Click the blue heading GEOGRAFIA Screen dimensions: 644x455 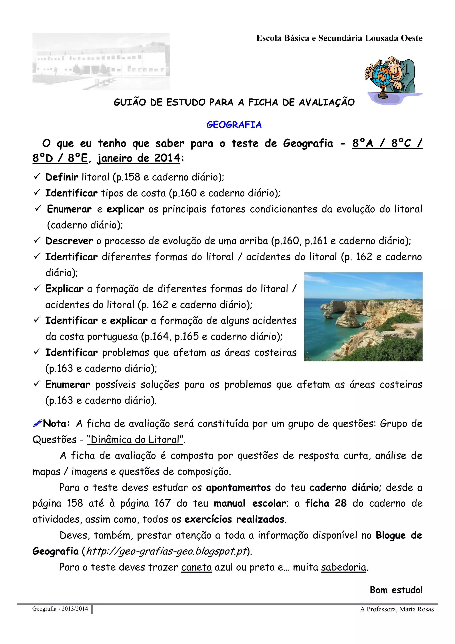pos(234,125)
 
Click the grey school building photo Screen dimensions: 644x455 pos(101,61)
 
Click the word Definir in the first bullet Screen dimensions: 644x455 pos(62,177)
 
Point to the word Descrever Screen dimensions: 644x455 pos(69,241)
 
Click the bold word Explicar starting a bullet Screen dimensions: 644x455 pos(64,289)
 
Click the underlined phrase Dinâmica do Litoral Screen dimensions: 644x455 pos(135,439)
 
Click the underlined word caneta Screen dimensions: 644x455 pos(196,567)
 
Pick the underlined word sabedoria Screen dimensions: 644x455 pos(343,567)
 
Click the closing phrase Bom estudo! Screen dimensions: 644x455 pos(396,590)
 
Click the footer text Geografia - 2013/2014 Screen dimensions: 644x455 pos(60,609)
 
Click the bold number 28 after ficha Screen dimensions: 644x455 pos(341,503)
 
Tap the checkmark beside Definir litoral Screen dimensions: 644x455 pos(37,177)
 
